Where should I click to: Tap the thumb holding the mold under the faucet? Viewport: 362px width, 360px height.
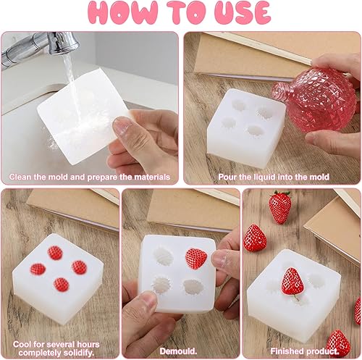(x=126, y=130)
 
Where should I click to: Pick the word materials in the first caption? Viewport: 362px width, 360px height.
(x=150, y=176)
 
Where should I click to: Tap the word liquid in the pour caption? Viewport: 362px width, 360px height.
(x=264, y=176)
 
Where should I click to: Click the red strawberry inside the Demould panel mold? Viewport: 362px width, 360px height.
(x=195, y=258)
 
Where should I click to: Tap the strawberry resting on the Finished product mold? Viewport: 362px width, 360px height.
(x=292, y=282)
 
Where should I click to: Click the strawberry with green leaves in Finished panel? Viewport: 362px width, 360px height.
(x=279, y=206)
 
